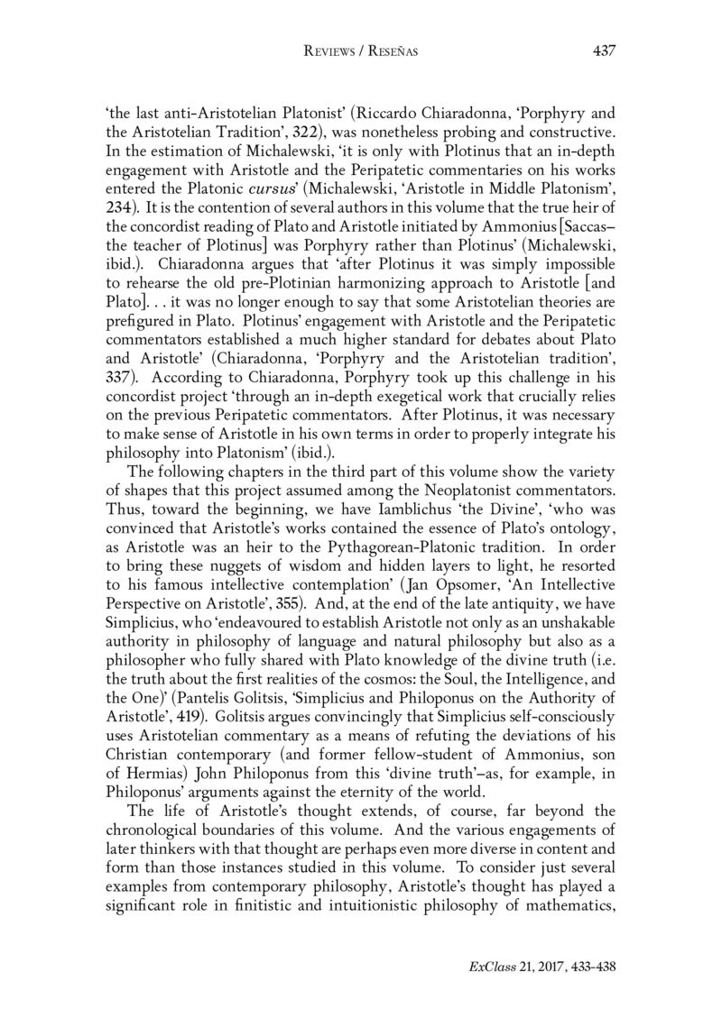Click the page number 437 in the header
pos(602,51)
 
